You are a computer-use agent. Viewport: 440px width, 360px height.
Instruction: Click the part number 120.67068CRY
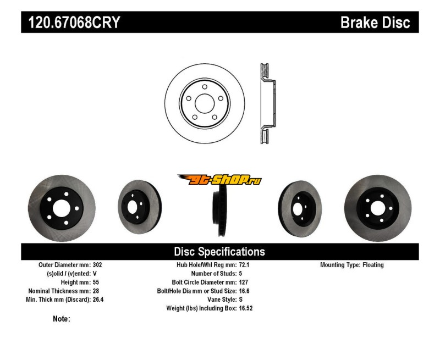coord(71,23)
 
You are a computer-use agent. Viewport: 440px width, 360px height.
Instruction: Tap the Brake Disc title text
coord(375,23)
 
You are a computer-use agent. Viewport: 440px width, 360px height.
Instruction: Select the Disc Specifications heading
coord(219,252)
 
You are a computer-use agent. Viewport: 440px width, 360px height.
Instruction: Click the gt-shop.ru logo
coord(219,180)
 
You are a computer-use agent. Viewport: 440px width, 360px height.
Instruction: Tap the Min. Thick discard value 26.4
coord(100,300)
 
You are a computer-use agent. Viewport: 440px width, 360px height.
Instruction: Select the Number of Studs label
coord(213,274)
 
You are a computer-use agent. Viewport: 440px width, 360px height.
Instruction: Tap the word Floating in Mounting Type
coord(373,265)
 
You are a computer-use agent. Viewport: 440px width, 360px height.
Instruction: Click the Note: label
coord(61,319)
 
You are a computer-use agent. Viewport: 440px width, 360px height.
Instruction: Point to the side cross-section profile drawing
coord(266,103)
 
